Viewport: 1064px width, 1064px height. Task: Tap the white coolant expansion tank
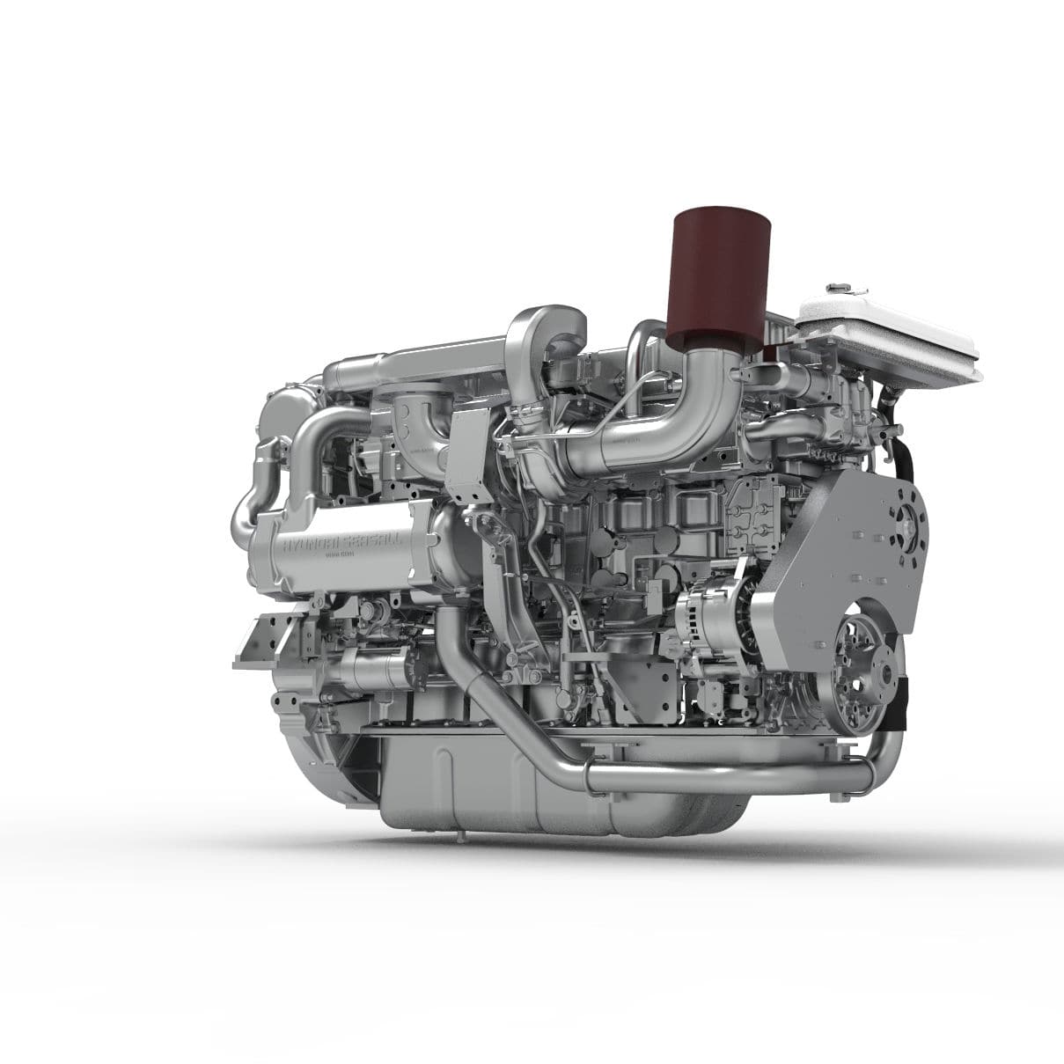click(x=889, y=339)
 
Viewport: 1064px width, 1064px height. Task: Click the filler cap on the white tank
click(x=836, y=287)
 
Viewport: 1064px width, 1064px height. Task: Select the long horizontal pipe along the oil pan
click(x=730, y=777)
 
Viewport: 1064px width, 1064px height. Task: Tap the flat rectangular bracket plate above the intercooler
click(x=466, y=453)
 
